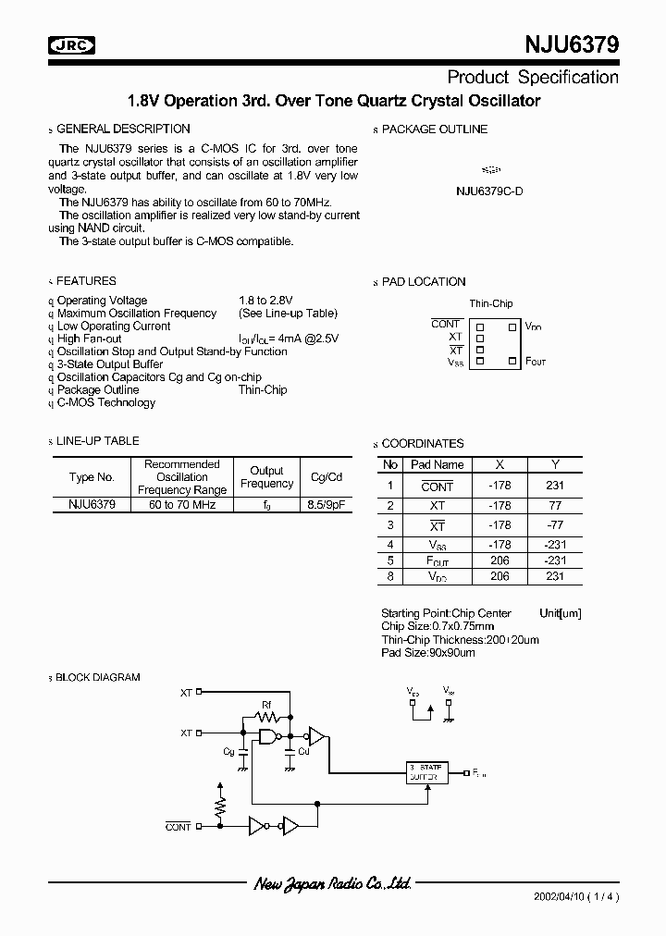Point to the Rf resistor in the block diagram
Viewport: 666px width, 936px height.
click(267, 715)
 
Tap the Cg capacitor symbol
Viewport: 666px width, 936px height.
click(242, 754)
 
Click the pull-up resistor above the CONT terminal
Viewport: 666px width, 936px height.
click(220, 799)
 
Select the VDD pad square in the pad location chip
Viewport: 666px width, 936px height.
click(511, 326)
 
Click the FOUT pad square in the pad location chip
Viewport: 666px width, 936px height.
click(511, 362)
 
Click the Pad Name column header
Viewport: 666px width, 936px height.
click(438, 464)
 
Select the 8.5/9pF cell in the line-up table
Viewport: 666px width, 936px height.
click(327, 505)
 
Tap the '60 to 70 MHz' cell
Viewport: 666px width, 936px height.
click(182, 505)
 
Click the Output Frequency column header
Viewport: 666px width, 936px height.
click(266, 477)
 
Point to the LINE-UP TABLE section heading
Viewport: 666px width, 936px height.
click(97, 441)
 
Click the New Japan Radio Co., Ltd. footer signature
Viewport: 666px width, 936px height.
click(332, 884)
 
